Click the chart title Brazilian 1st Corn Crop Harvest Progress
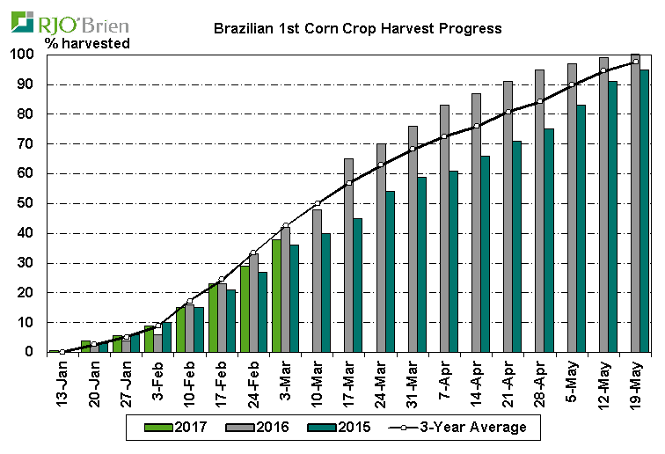pos(358,28)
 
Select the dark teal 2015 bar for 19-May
pos(645,211)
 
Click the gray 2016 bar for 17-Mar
pos(349,255)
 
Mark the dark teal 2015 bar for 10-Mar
pos(326,293)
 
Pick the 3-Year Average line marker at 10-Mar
pos(318,203)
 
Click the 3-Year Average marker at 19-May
pos(635,62)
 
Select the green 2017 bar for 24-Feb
pos(245,309)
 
